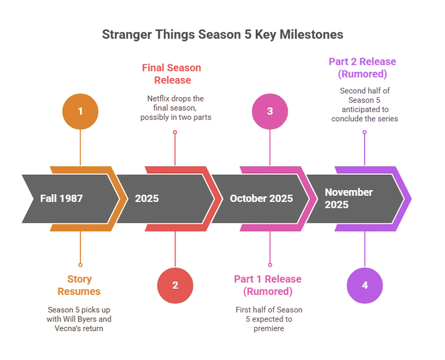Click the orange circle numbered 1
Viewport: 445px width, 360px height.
pos(80,111)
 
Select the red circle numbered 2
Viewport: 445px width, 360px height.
pos(175,285)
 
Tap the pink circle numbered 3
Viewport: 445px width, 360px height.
pos(269,111)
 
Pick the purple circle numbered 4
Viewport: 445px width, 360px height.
pos(365,285)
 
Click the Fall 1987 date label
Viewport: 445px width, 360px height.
pos(61,199)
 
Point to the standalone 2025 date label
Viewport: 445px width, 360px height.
pos(147,199)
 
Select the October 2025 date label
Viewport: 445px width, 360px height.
pos(261,199)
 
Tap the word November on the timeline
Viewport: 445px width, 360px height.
pos(349,192)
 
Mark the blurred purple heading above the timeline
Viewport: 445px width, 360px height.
pos(363,67)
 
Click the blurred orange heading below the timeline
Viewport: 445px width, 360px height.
pos(80,286)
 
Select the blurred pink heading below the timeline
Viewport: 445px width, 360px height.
pos(268,285)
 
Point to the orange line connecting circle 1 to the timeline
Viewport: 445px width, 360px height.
pos(80,148)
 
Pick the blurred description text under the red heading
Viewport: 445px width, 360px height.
pos(176,107)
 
